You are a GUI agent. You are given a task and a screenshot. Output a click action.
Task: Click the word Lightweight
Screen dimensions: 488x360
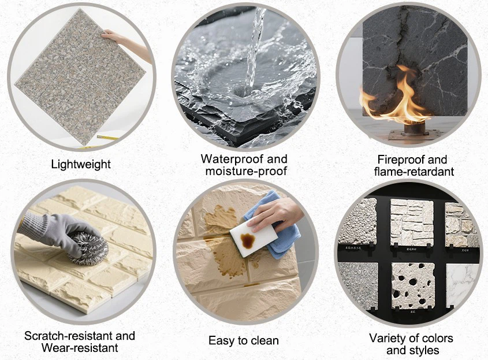(x=81, y=165)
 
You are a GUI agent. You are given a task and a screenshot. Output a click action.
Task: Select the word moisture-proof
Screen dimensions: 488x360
(x=246, y=171)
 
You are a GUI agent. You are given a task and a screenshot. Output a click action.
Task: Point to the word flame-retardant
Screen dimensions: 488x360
(x=414, y=172)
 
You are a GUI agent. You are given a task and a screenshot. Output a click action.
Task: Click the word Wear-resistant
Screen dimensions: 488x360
(x=80, y=348)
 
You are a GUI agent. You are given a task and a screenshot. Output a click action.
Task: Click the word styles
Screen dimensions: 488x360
(x=423, y=350)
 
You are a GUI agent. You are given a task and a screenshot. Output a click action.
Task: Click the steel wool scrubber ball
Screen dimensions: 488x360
(x=90, y=248)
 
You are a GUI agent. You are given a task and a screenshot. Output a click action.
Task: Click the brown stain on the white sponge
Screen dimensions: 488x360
(x=248, y=240)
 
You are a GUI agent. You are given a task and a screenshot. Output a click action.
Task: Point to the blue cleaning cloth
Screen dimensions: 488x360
(x=274, y=227)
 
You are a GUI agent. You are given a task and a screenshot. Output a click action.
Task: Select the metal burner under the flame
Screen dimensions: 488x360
(x=411, y=131)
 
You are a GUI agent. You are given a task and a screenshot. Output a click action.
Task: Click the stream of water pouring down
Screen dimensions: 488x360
(x=254, y=50)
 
